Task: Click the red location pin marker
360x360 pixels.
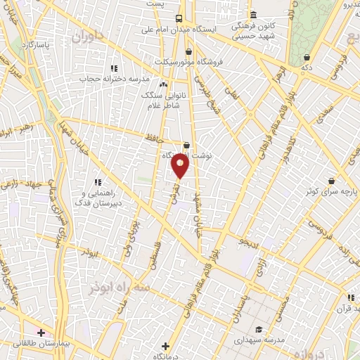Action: [x=180, y=166]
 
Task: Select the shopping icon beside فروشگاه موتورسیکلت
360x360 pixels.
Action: [x=188, y=51]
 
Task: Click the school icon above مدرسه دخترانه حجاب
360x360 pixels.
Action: [x=113, y=68]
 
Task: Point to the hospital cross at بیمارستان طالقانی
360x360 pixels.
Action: [x=41, y=331]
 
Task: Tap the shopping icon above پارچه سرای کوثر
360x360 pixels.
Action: [x=331, y=180]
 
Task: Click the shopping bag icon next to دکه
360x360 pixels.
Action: [x=306, y=58]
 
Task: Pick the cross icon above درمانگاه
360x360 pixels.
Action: [x=165, y=345]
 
